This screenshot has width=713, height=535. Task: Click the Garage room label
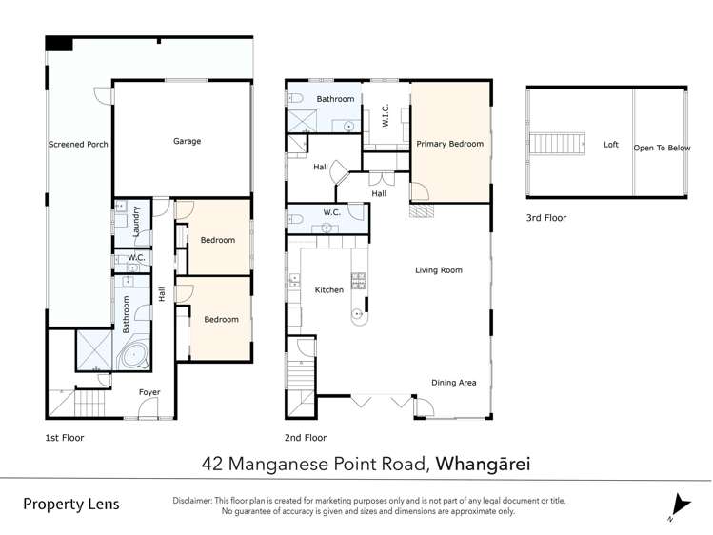[187, 141]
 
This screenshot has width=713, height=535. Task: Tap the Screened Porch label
[78, 145]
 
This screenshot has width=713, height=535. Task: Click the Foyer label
[149, 392]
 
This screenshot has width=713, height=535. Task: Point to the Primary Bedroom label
[449, 144]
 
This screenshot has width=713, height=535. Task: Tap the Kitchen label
[328, 289]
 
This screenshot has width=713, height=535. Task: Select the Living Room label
[438, 270]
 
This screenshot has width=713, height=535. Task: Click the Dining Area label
[453, 383]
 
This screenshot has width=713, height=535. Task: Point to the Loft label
[611, 145]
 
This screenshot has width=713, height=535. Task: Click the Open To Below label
[663, 148]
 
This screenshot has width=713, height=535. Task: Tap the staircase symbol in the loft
[557, 144]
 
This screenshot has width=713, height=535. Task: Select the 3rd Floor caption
[545, 218]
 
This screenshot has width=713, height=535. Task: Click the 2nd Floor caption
[306, 438]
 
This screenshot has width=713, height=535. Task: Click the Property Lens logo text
[71, 504]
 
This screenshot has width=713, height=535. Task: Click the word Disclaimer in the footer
[198, 500]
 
